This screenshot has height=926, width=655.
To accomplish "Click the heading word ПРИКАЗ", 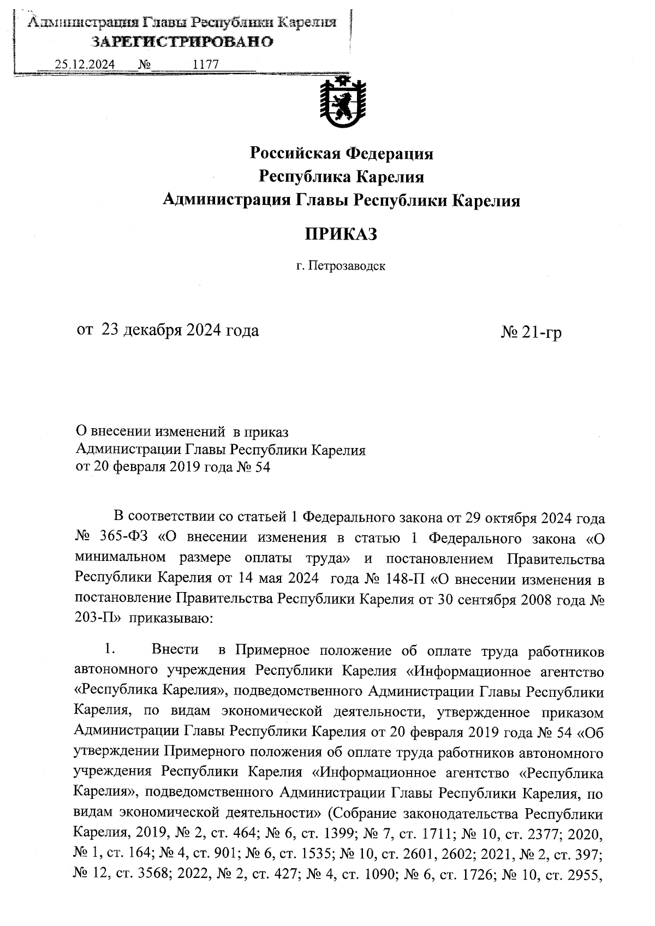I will [x=341, y=234].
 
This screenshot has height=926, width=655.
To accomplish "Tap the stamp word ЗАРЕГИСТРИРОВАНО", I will [x=182, y=42].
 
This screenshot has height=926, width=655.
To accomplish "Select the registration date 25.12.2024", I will [x=85, y=64].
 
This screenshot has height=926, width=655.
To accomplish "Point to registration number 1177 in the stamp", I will [x=206, y=64].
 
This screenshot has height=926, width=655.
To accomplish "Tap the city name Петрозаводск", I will [x=346, y=267].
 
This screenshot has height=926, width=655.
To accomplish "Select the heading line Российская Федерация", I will [x=341, y=154].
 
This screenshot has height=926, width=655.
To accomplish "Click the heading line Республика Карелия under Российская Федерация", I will [x=341, y=177].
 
